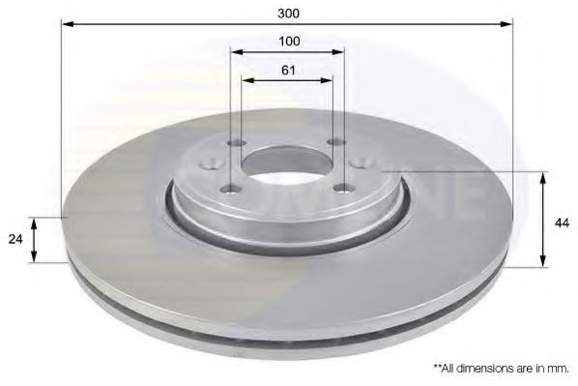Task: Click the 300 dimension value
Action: (289, 14)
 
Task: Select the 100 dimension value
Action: (289, 42)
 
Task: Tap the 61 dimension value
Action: (288, 70)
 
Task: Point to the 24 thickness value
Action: (15, 239)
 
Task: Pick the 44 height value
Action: (562, 223)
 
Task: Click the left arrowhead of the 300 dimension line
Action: (69, 24)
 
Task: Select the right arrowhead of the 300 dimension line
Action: (506, 24)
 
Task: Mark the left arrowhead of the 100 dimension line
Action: (238, 52)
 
